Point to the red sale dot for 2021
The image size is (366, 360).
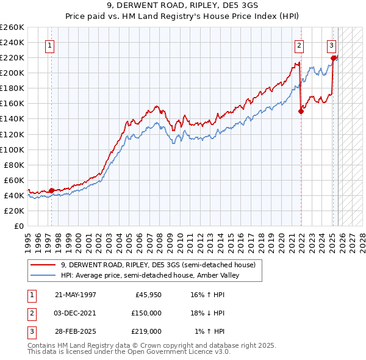301,111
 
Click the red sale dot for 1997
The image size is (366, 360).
51,190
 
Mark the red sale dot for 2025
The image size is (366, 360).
334,59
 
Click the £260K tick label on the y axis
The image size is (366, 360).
12,27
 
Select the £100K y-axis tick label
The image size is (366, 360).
12,149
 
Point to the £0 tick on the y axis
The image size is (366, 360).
18,226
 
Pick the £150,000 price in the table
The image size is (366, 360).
146,313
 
